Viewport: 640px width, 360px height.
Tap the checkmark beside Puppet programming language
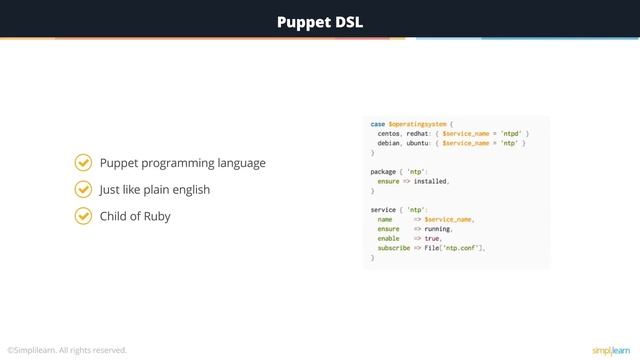coord(84,163)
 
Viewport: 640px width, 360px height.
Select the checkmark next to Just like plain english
coord(84,189)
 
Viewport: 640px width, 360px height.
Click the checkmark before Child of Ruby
coord(84,216)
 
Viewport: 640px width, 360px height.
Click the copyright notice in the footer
coord(67,350)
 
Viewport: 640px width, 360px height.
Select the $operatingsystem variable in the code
coord(418,123)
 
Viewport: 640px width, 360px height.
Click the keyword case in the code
coord(378,123)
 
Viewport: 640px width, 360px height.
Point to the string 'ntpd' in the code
coord(510,133)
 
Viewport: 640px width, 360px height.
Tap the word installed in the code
coord(430,181)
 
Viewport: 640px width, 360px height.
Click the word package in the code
coord(384,171)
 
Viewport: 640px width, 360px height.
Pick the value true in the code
coord(432,239)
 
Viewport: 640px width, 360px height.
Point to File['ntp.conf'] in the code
coord(455,248)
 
